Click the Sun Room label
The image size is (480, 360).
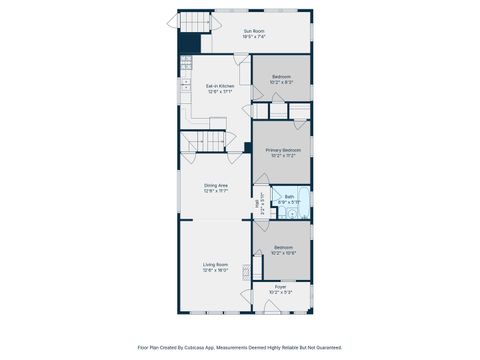point(254,30)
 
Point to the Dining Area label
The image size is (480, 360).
point(216,185)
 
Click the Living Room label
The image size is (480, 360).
point(216,264)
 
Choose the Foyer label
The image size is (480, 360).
point(281,290)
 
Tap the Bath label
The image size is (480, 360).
point(290,197)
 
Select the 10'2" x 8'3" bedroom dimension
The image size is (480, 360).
point(282,82)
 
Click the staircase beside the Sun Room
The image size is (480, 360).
point(195,22)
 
